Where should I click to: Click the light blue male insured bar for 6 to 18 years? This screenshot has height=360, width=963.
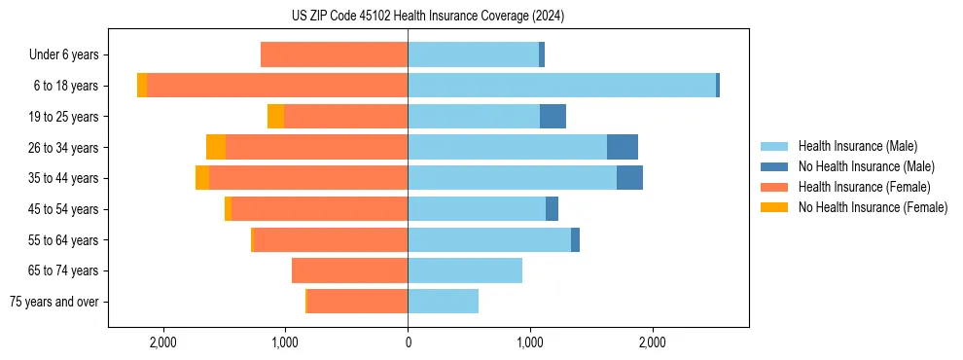point(561,86)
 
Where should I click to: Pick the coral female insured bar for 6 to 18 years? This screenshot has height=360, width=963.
point(277,86)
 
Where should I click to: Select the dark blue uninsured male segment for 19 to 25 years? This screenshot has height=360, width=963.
point(553,117)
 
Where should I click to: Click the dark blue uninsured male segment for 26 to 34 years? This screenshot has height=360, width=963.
point(623,147)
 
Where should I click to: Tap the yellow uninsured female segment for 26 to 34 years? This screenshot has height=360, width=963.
point(216,147)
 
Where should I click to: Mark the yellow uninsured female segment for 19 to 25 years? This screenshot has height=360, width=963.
point(276,117)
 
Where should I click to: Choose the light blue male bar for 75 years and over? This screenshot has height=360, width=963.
point(443,302)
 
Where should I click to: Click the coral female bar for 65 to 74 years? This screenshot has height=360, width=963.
point(349,270)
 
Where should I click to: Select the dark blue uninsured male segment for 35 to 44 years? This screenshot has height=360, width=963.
point(629,178)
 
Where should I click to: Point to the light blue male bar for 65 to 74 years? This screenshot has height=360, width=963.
point(465,270)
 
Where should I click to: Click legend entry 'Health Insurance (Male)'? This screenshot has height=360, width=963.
point(857,146)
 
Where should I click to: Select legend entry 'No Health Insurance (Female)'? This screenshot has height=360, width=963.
point(873,207)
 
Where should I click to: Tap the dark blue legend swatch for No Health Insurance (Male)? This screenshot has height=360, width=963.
point(774,166)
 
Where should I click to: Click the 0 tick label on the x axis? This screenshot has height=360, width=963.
point(408,342)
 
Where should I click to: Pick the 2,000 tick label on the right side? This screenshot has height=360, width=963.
point(653,342)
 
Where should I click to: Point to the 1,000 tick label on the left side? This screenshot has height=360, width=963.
point(285,342)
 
